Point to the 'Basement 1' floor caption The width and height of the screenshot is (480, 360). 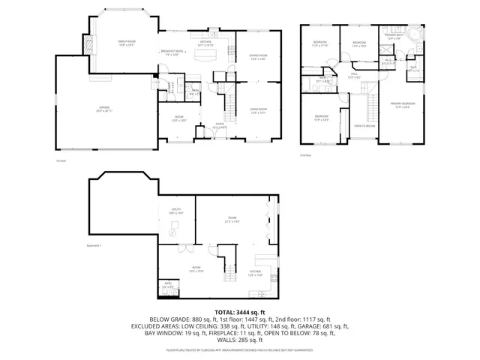(94, 245)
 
